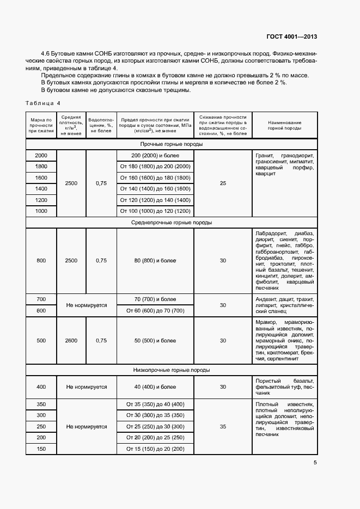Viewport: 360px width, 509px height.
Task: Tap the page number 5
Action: (x=315, y=463)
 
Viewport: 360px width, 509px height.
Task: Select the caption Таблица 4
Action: (x=44, y=103)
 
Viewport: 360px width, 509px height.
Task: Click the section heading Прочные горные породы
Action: (x=172, y=144)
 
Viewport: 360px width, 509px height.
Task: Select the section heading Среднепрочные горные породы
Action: (x=172, y=223)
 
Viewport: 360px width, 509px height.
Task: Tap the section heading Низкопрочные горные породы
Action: (x=172, y=370)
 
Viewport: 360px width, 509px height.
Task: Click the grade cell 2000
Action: (x=41, y=156)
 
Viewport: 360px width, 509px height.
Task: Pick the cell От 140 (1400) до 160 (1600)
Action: (x=155, y=189)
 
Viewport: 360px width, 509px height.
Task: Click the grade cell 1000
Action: (x=41, y=211)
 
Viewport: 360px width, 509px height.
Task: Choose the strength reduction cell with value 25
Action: (x=223, y=183)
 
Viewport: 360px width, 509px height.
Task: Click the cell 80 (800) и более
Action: (x=155, y=261)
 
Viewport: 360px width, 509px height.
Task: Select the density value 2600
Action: (x=71, y=341)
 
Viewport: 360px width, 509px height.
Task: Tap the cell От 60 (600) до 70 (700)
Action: (x=155, y=311)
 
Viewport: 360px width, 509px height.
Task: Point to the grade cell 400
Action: (x=41, y=387)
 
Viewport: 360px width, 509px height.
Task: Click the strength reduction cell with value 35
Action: (x=223, y=427)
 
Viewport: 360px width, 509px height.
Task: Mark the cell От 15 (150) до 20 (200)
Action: (x=155, y=449)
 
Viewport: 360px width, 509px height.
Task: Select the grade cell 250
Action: (x=41, y=427)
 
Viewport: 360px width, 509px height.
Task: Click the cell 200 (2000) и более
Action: (x=155, y=156)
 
